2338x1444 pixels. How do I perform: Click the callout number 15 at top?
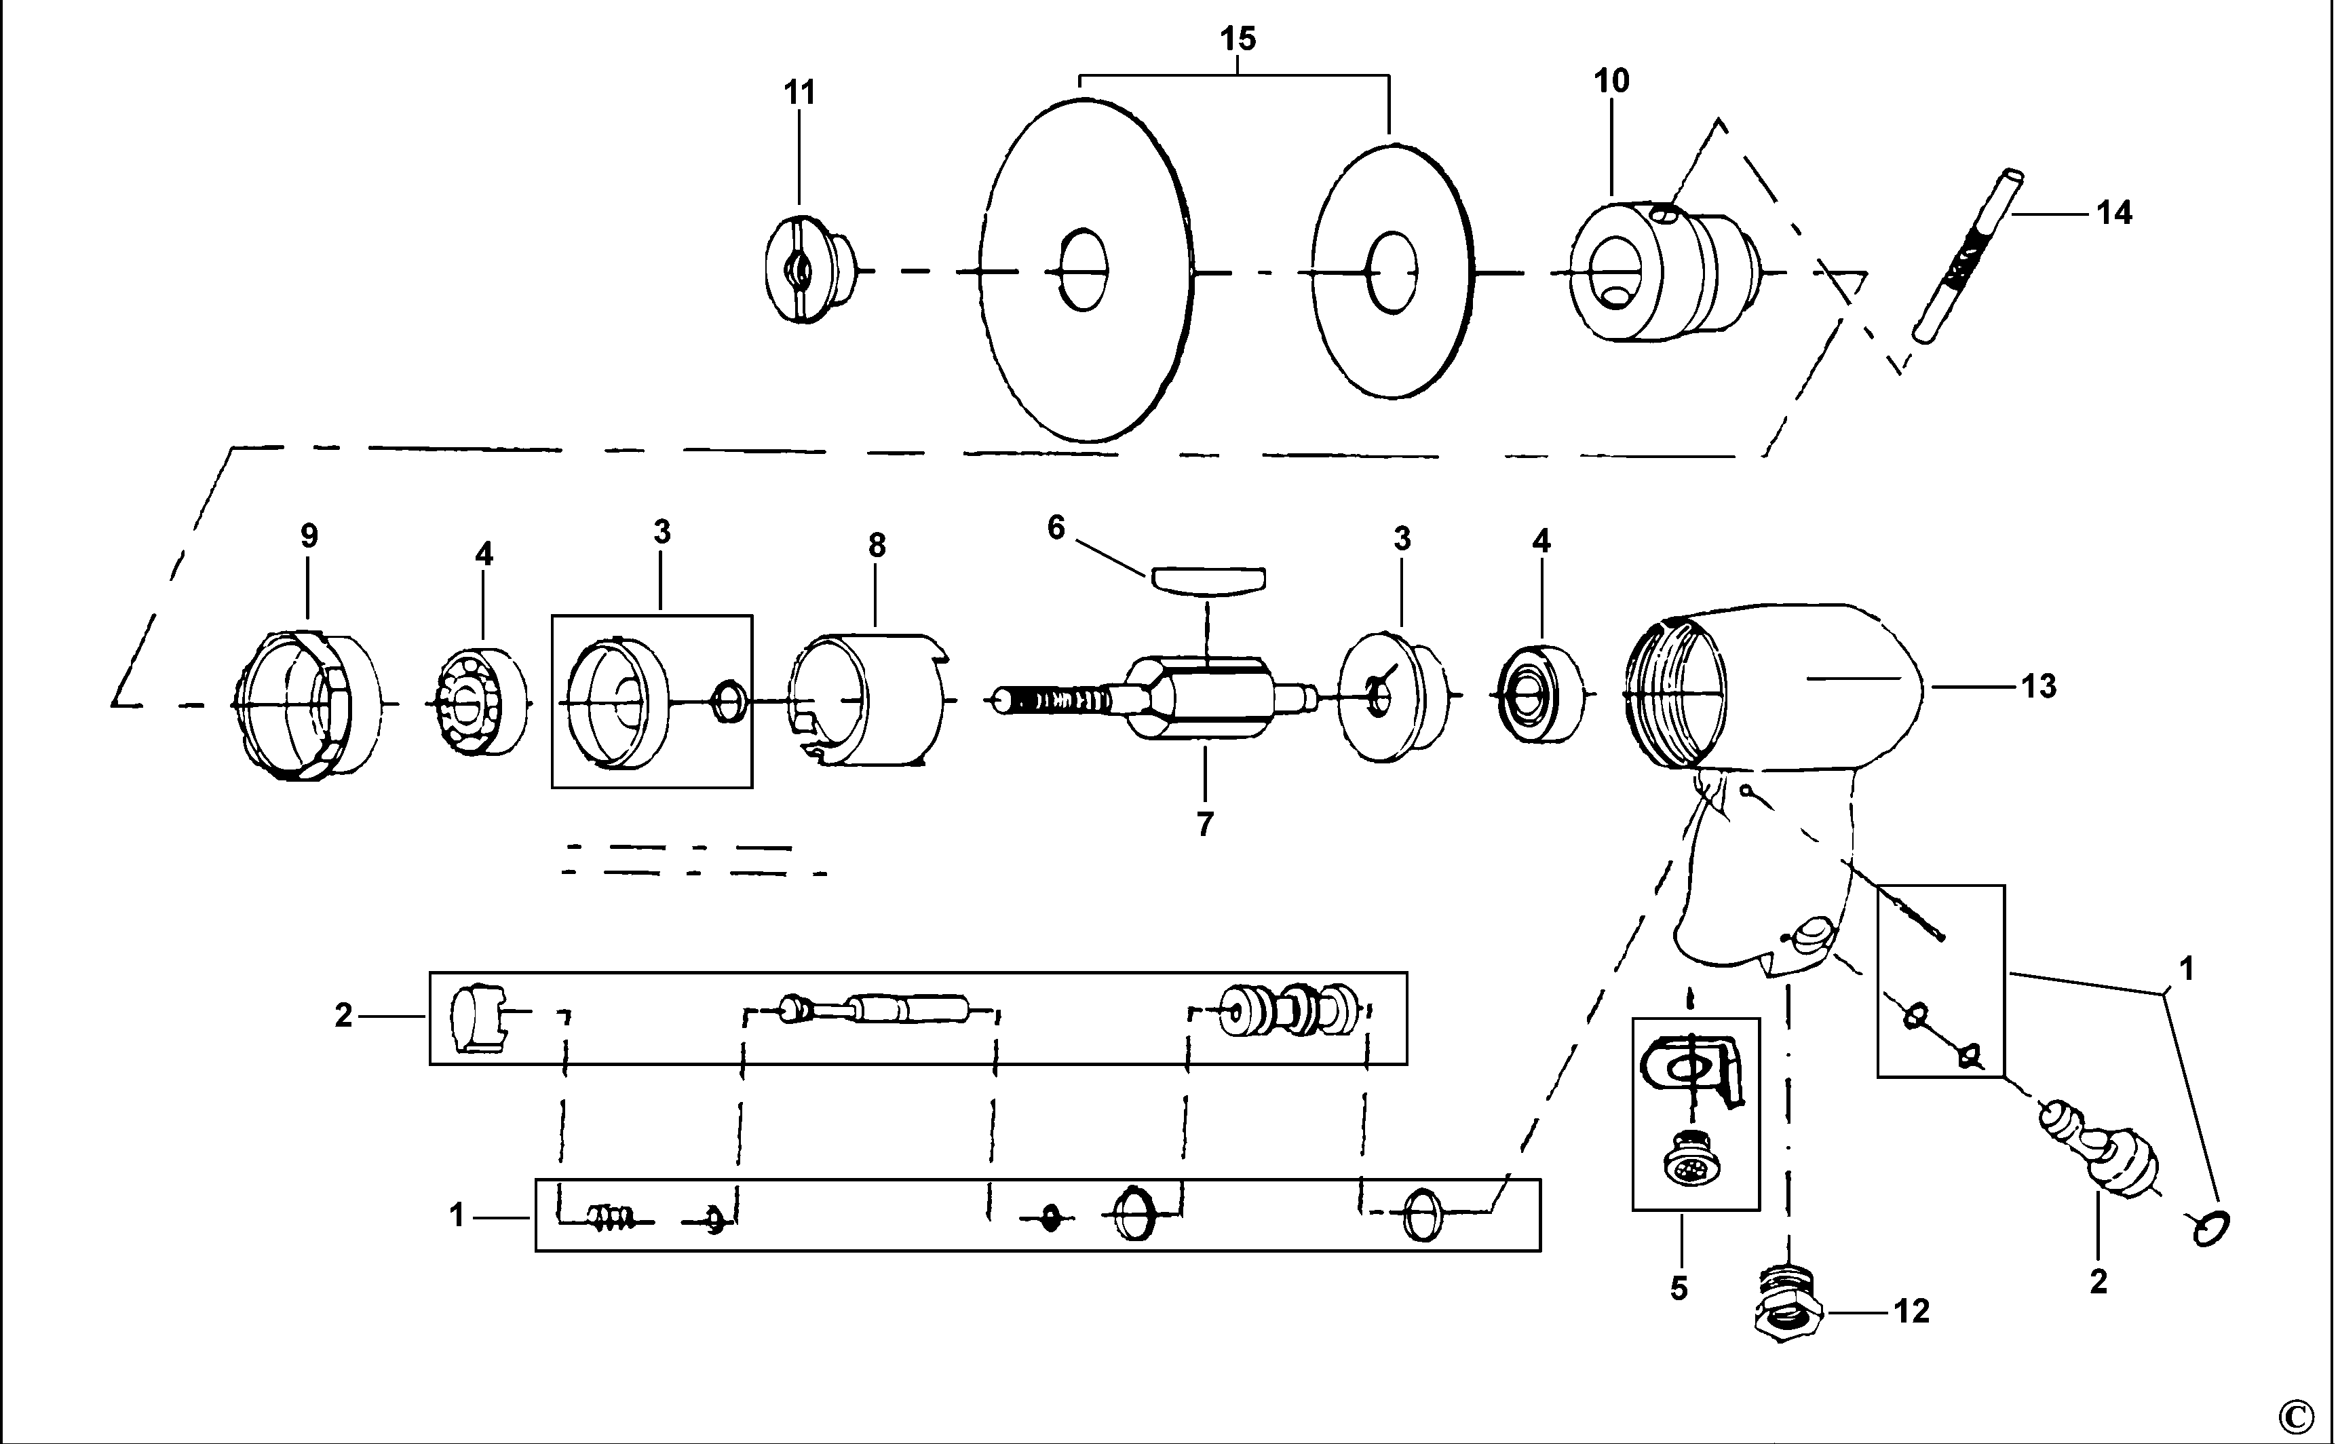point(1238,39)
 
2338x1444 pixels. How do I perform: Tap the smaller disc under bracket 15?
point(1393,271)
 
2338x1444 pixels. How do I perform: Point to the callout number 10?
point(1611,82)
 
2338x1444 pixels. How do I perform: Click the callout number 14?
point(2113,213)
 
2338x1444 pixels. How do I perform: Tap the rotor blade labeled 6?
point(1208,579)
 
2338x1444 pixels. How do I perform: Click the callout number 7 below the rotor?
point(1205,823)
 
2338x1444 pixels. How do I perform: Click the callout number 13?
point(2038,686)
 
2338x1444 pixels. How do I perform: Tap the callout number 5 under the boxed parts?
point(1679,1289)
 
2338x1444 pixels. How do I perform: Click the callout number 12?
point(1912,1312)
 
